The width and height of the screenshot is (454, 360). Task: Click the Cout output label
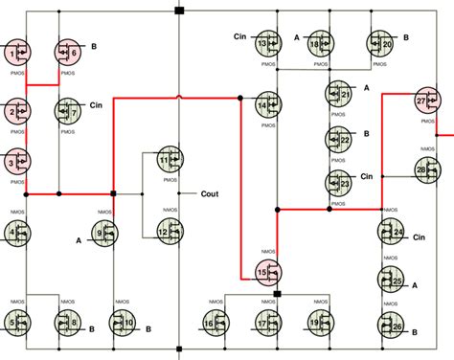pos(211,192)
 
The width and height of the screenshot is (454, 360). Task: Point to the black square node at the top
pos(179,11)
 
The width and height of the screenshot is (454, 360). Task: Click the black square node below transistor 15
pos(278,294)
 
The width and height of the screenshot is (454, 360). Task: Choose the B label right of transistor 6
pos(94,45)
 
